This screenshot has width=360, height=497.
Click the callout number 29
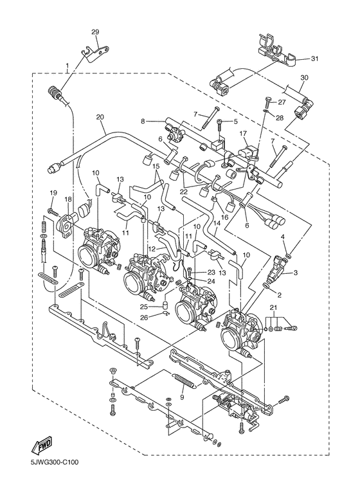pyautogui.click(x=95, y=32)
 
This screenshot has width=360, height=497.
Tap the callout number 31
pyautogui.click(x=314, y=59)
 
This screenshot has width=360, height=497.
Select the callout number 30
pyautogui.click(x=304, y=77)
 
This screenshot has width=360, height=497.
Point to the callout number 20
pyautogui.click(x=100, y=117)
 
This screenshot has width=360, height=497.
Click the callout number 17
pyautogui.click(x=243, y=134)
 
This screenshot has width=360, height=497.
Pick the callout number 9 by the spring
pyautogui.click(x=182, y=396)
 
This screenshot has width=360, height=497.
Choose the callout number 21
pyautogui.click(x=273, y=307)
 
